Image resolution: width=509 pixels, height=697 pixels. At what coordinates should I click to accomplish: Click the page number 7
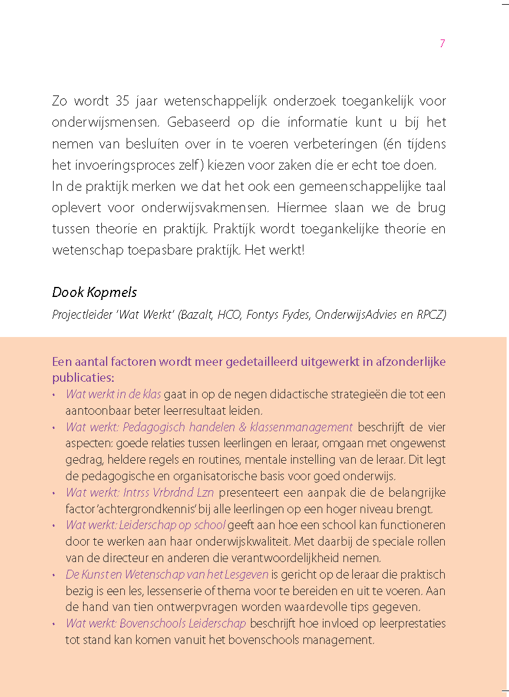tap(442, 44)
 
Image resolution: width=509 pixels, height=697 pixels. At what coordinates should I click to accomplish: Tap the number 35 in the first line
tap(122, 101)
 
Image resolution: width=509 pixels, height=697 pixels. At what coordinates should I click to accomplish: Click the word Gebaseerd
tap(196, 123)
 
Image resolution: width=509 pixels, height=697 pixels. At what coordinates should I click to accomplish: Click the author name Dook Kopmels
tap(94, 292)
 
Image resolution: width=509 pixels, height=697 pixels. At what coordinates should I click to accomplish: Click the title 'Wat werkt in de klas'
tap(113, 394)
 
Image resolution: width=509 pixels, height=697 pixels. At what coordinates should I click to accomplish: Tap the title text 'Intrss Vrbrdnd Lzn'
tap(170, 493)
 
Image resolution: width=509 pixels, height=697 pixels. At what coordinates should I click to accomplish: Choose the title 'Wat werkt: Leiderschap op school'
tap(145, 525)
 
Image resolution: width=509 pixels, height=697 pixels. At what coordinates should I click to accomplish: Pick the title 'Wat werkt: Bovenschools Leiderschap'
tap(156, 623)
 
